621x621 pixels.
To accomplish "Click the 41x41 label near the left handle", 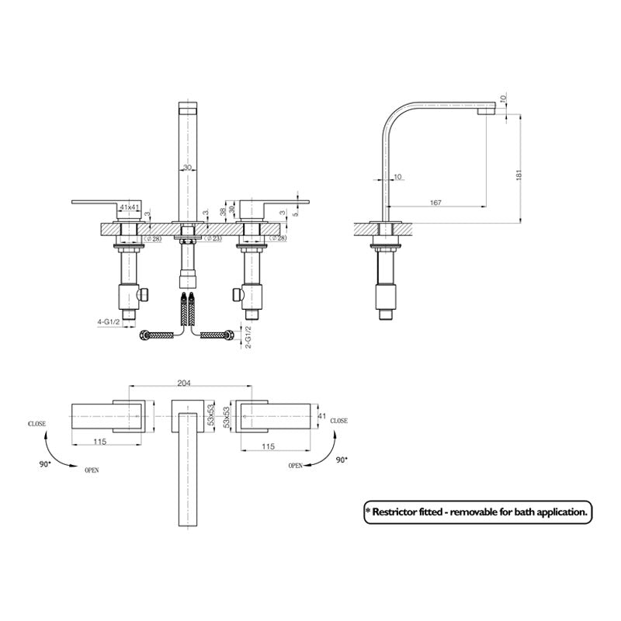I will click(129, 207).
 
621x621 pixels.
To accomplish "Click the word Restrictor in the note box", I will click(406, 512).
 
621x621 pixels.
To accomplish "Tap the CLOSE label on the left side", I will click(36, 424).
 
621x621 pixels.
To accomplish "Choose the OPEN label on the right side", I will click(295, 466).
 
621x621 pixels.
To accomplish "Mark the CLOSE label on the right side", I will click(339, 419).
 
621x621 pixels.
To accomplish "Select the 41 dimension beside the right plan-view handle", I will click(320, 417).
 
